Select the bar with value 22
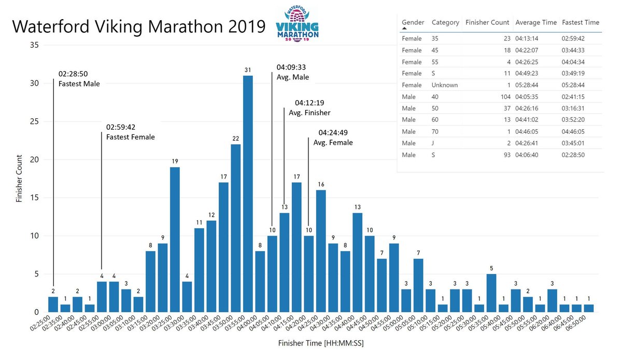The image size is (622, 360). (x=236, y=228)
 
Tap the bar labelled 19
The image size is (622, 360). (x=175, y=239)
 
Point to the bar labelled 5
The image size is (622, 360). (x=491, y=293)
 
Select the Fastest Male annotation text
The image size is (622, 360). (x=79, y=84)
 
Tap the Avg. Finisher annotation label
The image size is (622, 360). (x=312, y=113)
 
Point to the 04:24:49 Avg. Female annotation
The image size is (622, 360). (x=335, y=137)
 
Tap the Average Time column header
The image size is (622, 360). (x=536, y=22)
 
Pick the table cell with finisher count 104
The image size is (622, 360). (x=503, y=96)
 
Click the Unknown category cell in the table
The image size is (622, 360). (x=445, y=85)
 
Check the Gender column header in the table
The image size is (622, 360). (x=413, y=22)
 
